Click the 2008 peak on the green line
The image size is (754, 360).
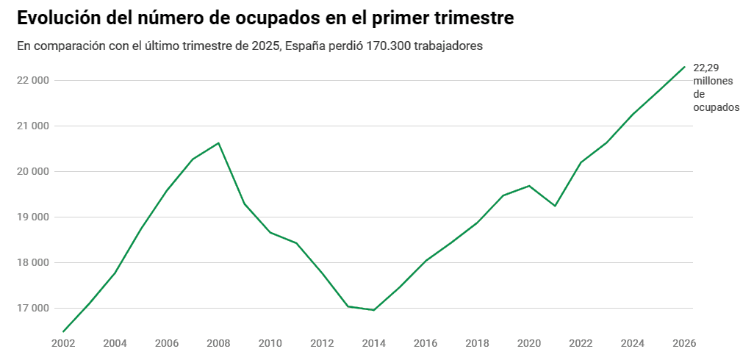point(218,143)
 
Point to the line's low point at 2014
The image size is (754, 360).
point(373,310)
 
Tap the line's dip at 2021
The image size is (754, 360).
point(555,206)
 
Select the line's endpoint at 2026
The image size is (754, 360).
point(684,67)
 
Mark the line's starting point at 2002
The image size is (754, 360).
point(63,331)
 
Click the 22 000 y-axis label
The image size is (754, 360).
point(32,80)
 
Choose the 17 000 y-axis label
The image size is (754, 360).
point(32,308)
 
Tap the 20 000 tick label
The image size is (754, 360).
point(32,171)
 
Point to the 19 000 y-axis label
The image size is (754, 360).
point(32,217)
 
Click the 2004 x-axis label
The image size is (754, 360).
point(115,343)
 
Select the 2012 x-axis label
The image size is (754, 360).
point(322,343)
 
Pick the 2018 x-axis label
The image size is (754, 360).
point(477,343)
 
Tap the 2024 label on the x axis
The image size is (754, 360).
point(632,343)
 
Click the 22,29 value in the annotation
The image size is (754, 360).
point(705,68)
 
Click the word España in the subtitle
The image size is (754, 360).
point(303,46)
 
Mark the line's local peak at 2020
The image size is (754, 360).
point(529,185)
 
